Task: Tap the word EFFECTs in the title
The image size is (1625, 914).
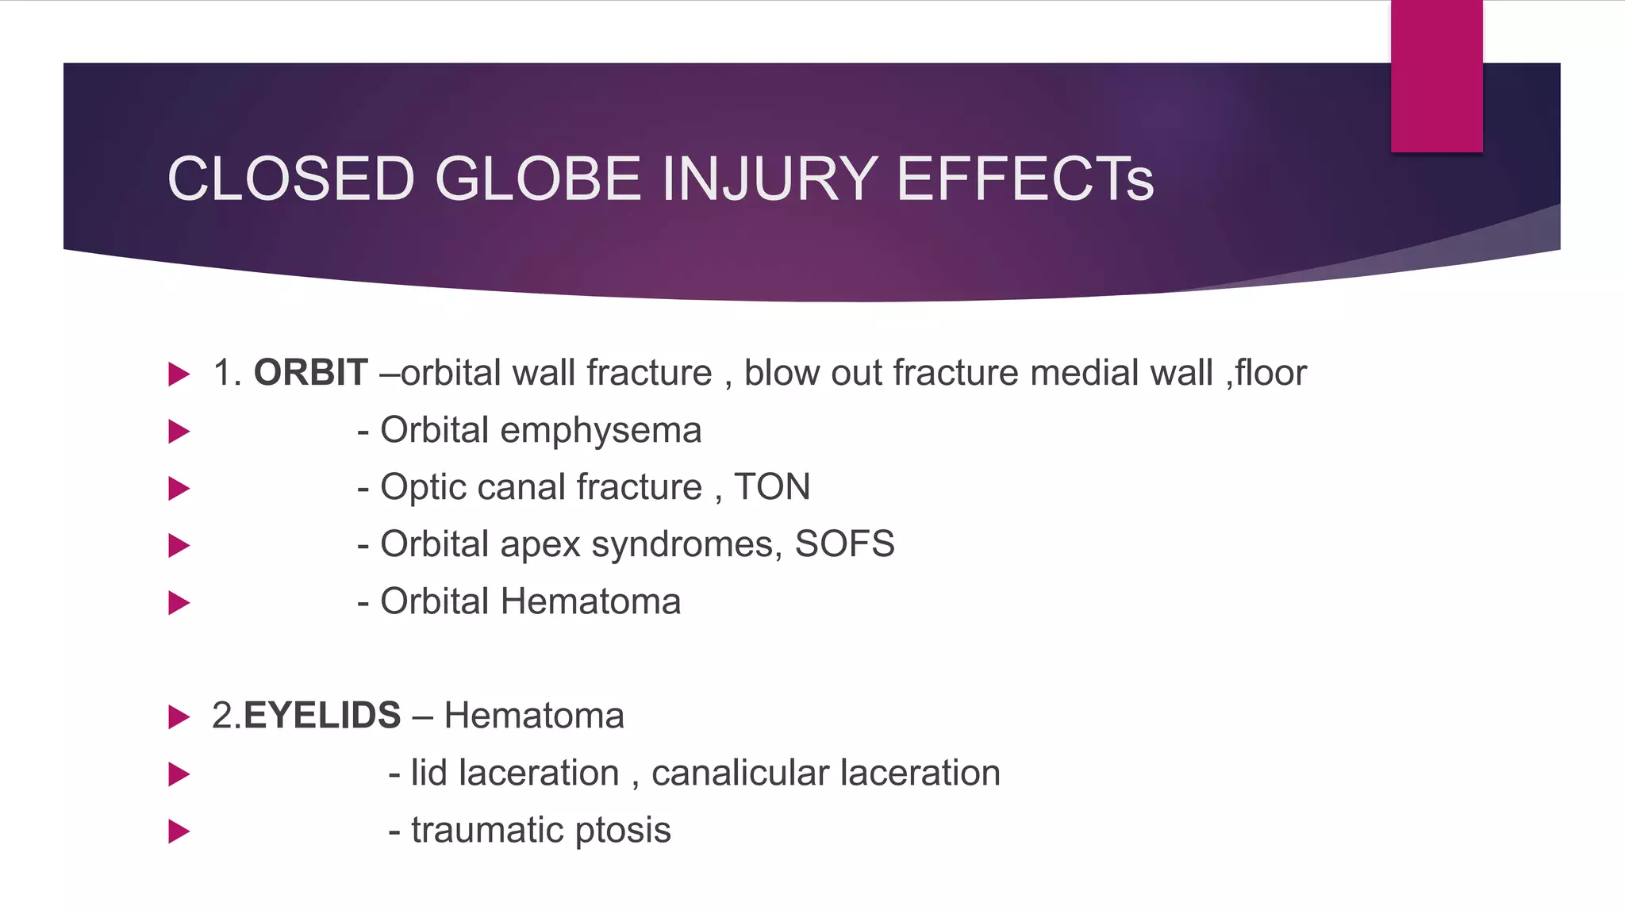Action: click(1024, 179)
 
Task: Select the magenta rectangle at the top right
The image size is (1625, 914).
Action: click(1436, 75)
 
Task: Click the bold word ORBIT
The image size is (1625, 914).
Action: click(310, 373)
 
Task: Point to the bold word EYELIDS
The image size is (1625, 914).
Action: click(322, 716)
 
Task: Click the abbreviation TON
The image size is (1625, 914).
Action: click(772, 487)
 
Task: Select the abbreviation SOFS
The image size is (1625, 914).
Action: click(844, 544)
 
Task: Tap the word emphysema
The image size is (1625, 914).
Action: click(601, 432)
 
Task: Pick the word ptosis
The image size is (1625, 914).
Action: click(623, 831)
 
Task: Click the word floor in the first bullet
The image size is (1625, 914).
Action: click(1270, 373)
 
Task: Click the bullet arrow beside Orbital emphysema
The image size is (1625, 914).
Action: click(179, 432)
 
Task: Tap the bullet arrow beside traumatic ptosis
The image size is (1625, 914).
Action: click(179, 831)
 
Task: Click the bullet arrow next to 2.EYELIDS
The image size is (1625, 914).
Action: click(179, 717)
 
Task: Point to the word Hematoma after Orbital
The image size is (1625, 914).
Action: click(590, 601)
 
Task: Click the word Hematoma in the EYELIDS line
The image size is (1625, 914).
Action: click(534, 716)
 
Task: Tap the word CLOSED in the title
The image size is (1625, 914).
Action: click(291, 179)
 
